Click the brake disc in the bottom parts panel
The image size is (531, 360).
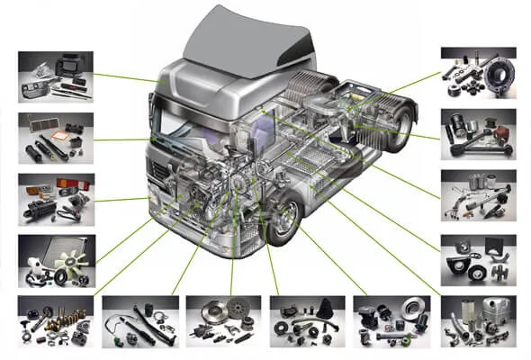point(414,310)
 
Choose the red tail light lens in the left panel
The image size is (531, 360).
point(67,185)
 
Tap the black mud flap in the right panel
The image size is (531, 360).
point(494,245)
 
